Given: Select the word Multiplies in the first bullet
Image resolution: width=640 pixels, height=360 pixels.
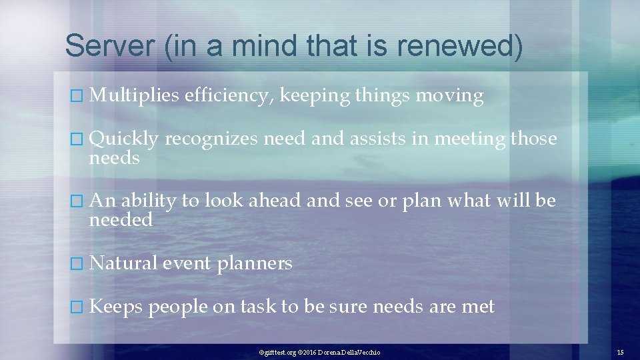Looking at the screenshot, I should [x=134, y=97].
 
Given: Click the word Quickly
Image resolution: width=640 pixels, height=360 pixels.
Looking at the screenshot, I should [x=123, y=139].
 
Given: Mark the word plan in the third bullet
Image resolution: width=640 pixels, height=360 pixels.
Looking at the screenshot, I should [x=421, y=201].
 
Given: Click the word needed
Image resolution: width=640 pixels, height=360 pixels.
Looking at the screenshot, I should [x=121, y=219].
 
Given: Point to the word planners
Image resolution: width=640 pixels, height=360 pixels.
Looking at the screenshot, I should [x=255, y=264].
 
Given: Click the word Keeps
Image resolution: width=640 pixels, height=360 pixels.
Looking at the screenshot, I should [x=116, y=307].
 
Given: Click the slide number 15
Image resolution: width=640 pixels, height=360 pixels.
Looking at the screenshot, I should [x=620, y=351].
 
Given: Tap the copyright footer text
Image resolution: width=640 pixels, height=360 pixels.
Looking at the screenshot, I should [x=319, y=351].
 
